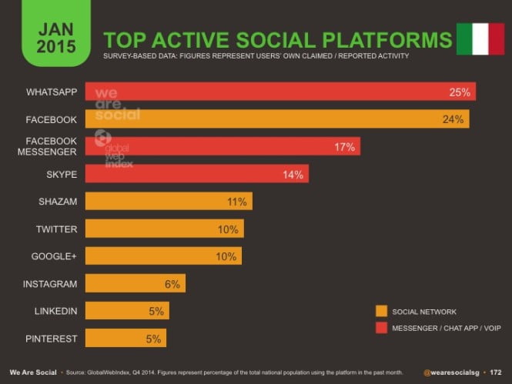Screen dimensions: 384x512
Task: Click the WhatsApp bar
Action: point(280,92)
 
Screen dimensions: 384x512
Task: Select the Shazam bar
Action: point(168,202)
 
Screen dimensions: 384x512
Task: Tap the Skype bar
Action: point(196,174)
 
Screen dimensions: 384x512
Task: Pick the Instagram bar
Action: point(135,284)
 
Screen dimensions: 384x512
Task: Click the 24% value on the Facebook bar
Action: point(452,119)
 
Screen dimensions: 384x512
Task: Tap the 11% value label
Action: point(236,202)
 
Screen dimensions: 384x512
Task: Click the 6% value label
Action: point(172,284)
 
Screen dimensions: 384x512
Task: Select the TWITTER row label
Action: point(56,229)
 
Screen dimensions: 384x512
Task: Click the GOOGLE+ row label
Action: point(55,256)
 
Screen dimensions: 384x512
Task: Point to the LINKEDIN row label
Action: point(55,311)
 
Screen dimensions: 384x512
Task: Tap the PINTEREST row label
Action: point(52,338)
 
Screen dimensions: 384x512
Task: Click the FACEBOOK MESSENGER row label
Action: point(52,146)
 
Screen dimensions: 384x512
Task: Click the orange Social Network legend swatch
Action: point(380,312)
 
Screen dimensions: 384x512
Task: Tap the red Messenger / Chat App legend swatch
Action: point(380,329)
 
